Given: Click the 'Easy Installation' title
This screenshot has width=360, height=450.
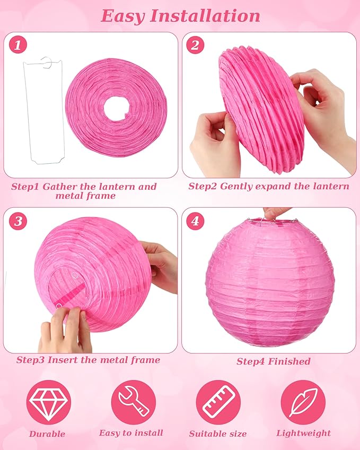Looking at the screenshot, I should [x=180, y=15].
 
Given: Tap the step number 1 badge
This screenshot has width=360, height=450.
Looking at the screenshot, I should [x=19, y=46].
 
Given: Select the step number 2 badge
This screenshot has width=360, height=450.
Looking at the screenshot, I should [x=195, y=46].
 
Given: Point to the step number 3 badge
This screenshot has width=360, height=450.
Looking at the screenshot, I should [x=19, y=220].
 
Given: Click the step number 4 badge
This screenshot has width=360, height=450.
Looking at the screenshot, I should [x=195, y=220].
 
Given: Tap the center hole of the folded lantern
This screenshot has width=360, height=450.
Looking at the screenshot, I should [x=117, y=108].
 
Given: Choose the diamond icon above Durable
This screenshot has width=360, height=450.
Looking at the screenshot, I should [x=48, y=402].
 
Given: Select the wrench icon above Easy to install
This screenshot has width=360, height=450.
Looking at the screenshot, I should [x=133, y=402].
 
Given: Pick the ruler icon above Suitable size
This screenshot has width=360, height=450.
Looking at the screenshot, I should [x=218, y=402].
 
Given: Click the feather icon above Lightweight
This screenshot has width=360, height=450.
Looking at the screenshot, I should [x=303, y=402].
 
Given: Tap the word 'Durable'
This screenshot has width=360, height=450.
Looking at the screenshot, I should [x=48, y=434].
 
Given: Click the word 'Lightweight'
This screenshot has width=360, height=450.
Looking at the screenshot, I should [x=303, y=434].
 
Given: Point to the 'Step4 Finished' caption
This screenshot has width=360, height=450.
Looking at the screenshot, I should [x=273, y=361].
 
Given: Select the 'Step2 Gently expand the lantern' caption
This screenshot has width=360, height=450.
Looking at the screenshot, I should [x=269, y=186].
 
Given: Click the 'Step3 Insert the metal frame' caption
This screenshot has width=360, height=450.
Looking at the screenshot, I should [x=88, y=360].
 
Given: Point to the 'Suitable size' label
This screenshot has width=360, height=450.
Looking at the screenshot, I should [x=218, y=434].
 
